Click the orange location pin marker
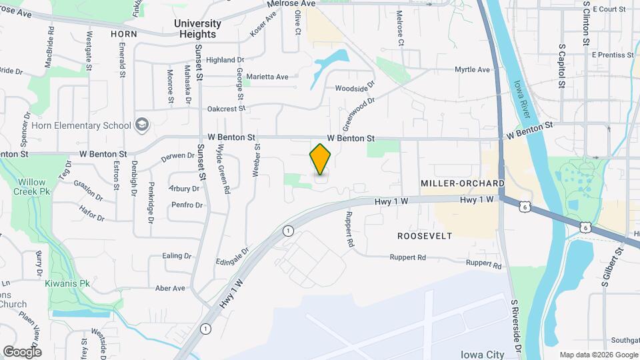point(321,159)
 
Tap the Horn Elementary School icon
point(141,125)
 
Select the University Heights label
point(197,29)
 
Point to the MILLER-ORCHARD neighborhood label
point(462,183)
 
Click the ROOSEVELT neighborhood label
point(425,236)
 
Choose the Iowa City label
point(485,353)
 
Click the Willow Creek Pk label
point(31,187)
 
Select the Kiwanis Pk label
point(67,283)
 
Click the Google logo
point(22,351)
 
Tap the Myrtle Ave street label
point(472,69)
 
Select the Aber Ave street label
point(170,288)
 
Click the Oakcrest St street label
point(227,108)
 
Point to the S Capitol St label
point(562,67)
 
